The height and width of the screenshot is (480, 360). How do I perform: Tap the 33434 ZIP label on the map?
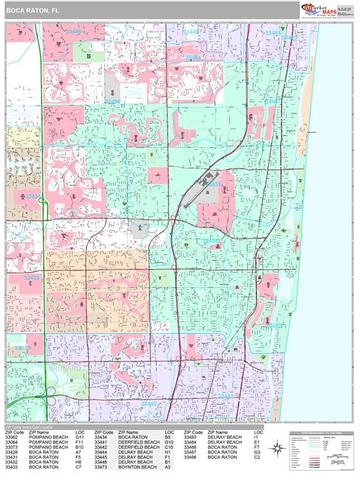pyautogui.click(x=32, y=196)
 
